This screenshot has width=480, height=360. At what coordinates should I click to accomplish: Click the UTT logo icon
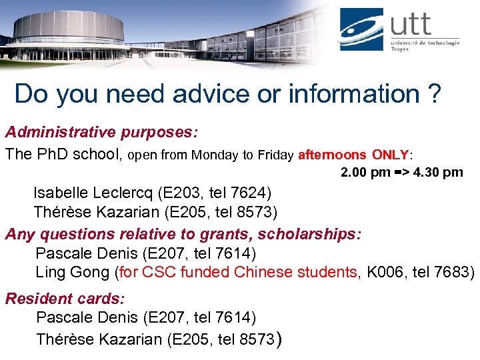point(361,29)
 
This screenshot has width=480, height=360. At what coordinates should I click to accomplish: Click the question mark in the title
point(433,94)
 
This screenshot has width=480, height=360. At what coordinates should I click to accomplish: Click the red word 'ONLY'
point(390,155)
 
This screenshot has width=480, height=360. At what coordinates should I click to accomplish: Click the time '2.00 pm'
point(365,173)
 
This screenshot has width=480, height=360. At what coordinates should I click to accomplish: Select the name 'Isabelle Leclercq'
point(94,193)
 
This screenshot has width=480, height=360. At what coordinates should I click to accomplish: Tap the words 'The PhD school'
point(63,155)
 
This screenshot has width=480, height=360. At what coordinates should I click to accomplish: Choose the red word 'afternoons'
point(332,155)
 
